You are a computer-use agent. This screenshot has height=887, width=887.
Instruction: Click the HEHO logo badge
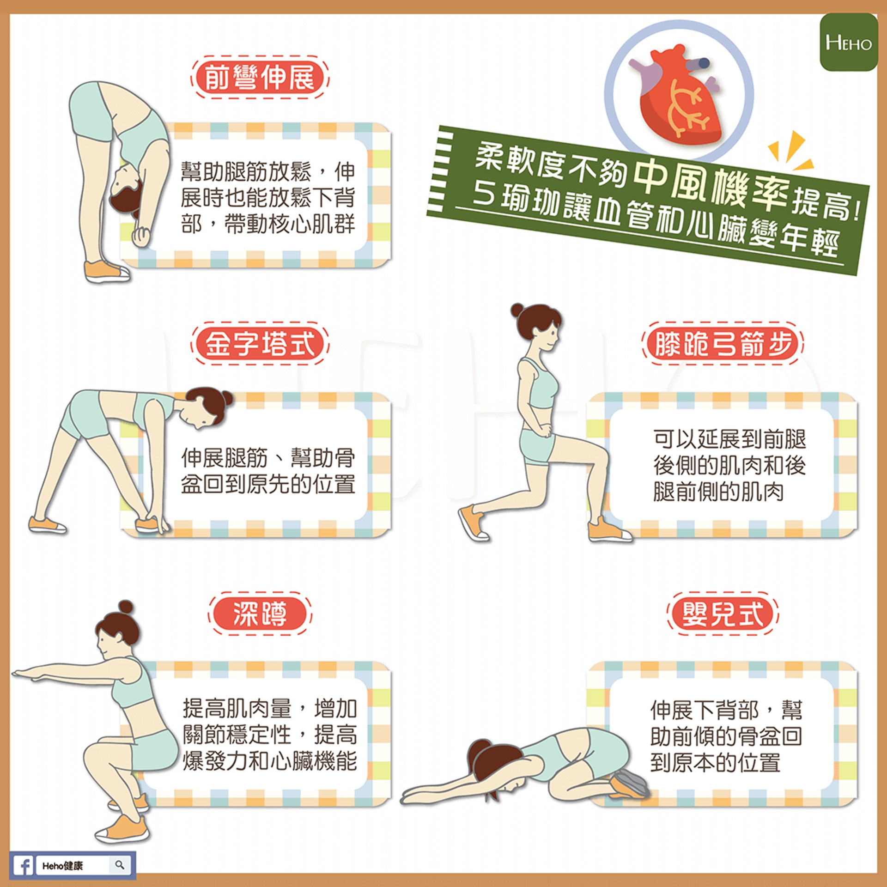[x=849, y=42]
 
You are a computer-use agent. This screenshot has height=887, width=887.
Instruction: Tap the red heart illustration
[x=677, y=95]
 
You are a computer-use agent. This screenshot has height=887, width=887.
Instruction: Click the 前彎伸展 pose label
[x=260, y=77]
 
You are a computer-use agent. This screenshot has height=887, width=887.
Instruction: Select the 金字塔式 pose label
[x=260, y=344]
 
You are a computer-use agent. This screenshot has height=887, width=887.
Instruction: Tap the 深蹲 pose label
[x=260, y=614]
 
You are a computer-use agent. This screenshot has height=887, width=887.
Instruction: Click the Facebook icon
[x=23, y=865]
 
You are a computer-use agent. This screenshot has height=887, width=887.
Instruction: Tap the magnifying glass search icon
[x=120, y=864]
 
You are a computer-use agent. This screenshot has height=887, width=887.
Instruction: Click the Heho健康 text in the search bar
[x=62, y=865]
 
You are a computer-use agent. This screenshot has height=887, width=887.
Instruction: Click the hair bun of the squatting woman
[x=125, y=607]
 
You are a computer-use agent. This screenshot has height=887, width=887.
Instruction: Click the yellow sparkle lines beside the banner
[x=790, y=151]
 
